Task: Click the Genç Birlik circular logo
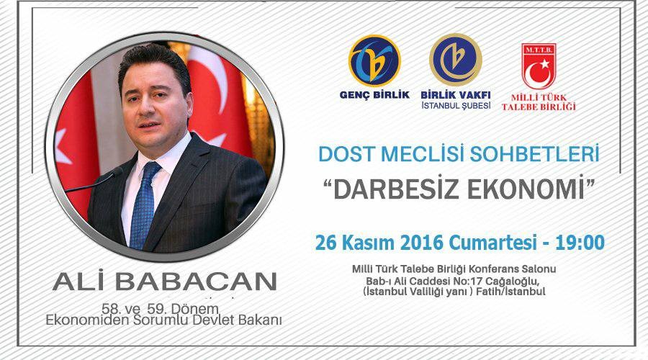point(374,60)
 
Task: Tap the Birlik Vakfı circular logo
point(456,60)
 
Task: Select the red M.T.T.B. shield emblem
point(539,66)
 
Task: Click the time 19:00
point(580,242)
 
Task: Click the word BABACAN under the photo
point(195,282)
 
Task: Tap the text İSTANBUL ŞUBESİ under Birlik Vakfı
point(456,105)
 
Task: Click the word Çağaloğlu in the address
point(513,282)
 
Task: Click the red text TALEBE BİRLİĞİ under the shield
point(539,107)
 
